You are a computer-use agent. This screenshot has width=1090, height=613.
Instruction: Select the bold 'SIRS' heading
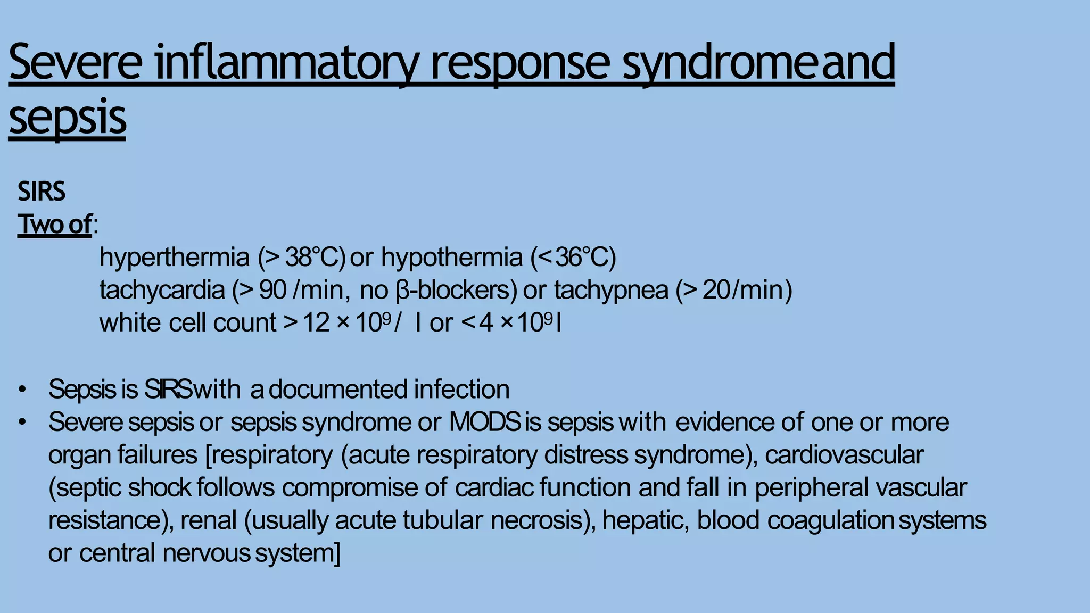click(x=42, y=192)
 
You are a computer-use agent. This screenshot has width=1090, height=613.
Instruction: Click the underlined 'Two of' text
click(x=55, y=224)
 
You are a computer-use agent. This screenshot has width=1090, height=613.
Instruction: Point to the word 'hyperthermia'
click(x=174, y=258)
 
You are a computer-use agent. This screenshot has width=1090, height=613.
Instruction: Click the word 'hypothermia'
click(x=452, y=258)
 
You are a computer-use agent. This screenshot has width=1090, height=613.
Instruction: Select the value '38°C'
click(x=311, y=258)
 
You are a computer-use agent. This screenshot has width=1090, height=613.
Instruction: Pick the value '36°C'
click(x=582, y=258)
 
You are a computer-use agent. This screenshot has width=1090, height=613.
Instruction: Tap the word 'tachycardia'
click(x=162, y=291)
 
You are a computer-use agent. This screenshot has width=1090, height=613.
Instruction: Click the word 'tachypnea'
click(x=610, y=291)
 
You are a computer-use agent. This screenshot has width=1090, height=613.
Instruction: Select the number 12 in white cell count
click(x=316, y=323)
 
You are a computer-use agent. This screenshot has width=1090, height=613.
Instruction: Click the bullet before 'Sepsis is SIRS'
click(x=22, y=390)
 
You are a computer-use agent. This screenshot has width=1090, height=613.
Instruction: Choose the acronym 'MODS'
click(x=484, y=423)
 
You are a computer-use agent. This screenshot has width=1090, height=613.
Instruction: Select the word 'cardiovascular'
click(x=844, y=455)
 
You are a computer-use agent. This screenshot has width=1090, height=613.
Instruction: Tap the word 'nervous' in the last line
click(x=206, y=553)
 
